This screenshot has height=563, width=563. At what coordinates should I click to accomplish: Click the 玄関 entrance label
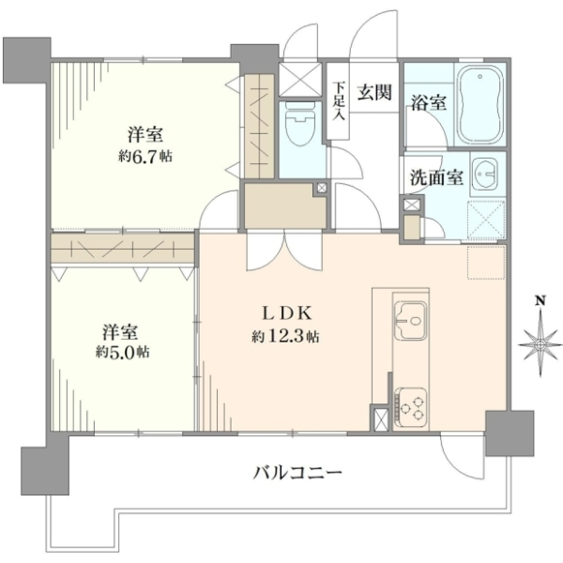coord(373,93)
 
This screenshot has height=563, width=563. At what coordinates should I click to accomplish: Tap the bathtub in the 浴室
coord(479,104)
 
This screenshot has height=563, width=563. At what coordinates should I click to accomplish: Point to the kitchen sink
coord(410,320)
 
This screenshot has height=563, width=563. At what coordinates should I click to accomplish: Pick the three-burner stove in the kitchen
coord(410,403)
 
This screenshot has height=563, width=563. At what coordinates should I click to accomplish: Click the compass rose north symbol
coord(540,345)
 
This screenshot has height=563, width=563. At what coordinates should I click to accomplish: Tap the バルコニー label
coord(297,473)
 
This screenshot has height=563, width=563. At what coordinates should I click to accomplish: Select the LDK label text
coord(286,313)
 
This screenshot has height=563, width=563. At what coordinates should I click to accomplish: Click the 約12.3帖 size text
coord(285,337)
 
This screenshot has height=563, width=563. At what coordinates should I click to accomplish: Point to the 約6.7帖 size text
coord(145,157)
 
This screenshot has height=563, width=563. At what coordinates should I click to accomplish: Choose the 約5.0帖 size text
coord(122,352)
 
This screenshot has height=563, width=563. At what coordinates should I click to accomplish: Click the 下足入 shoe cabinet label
coord(339,101)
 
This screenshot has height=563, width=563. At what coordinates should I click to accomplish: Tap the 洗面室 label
coord(437,176)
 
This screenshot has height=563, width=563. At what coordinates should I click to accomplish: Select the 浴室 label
coord(429,102)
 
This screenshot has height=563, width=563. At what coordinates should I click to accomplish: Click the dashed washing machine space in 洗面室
coord(486,220)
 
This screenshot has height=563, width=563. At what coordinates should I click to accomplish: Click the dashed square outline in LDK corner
coord(486,262)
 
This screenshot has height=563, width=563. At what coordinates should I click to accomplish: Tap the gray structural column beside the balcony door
coord(510,434)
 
